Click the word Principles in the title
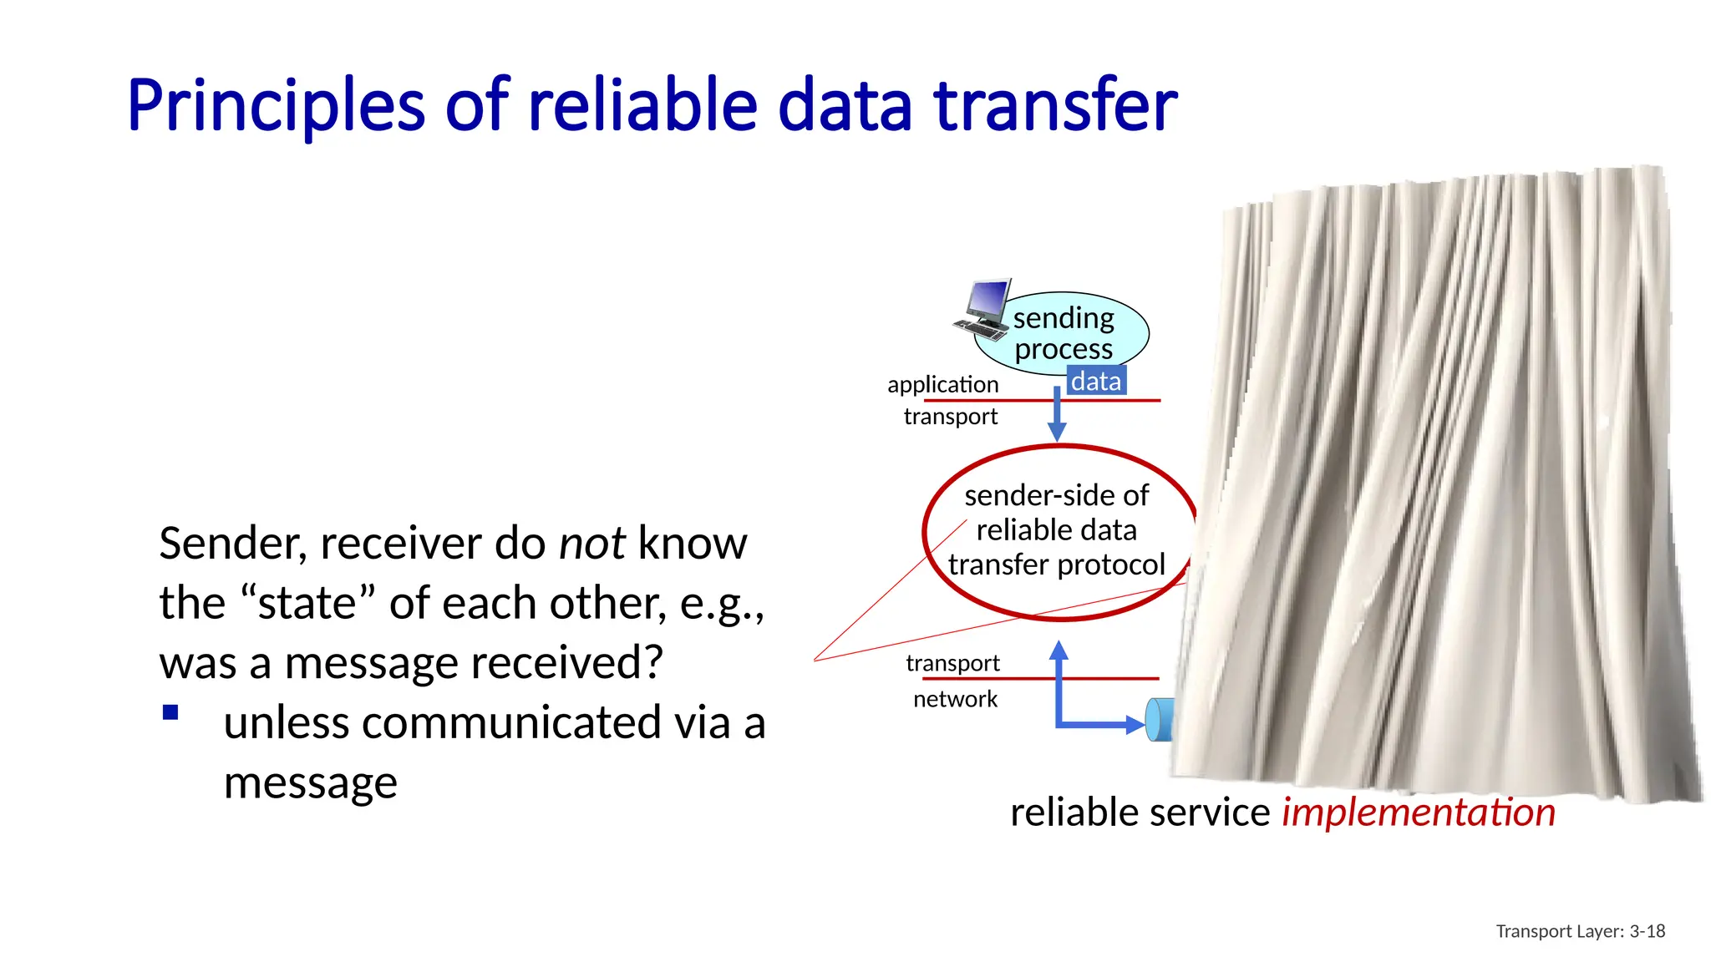(x=276, y=106)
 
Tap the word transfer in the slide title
(x=1055, y=106)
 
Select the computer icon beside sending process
(x=982, y=310)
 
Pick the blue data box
(x=1096, y=381)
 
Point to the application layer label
(x=942, y=384)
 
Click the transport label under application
(x=950, y=416)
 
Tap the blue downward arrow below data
(x=1057, y=418)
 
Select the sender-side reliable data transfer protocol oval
(x=1057, y=531)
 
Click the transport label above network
(x=952, y=663)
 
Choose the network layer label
(x=955, y=699)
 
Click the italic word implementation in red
(x=1419, y=812)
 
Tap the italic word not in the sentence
(x=591, y=544)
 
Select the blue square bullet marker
(x=171, y=712)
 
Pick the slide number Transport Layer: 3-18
(x=1580, y=931)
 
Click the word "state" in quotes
(x=307, y=603)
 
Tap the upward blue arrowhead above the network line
(x=1059, y=651)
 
